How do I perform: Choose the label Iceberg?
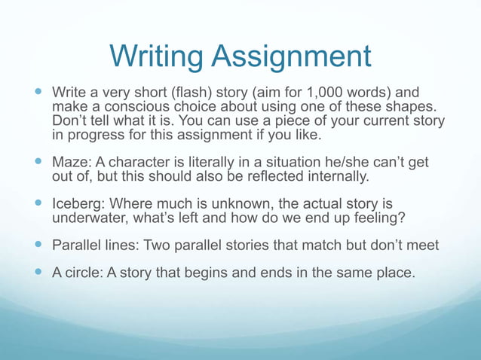(x=79, y=204)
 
